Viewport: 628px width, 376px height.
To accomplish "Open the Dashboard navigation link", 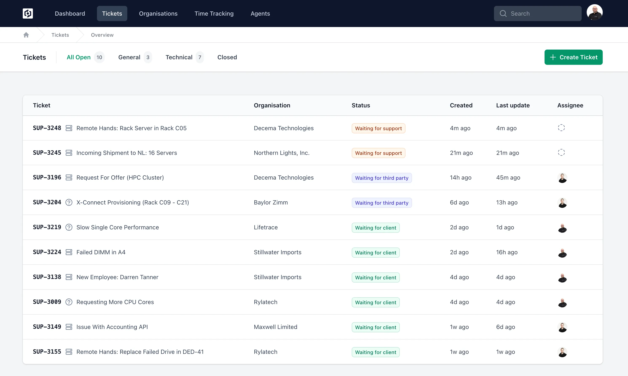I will tap(70, 14).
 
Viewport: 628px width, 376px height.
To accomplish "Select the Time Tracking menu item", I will tap(214, 14).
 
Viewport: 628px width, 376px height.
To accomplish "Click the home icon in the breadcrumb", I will tap(26, 35).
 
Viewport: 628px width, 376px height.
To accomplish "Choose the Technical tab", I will tap(179, 57).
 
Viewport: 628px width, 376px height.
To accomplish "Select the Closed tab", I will tap(227, 57).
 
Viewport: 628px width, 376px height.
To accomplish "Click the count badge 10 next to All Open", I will tap(99, 57).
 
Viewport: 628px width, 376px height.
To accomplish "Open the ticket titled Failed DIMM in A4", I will tap(101, 252).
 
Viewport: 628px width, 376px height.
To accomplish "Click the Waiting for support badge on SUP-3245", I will tap(378, 153).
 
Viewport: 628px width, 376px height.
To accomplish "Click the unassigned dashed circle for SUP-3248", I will tap(561, 128).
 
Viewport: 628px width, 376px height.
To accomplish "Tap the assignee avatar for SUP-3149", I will tap(562, 327).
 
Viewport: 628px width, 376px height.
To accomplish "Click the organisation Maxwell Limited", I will tap(275, 327).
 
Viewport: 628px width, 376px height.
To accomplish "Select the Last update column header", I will tap(513, 105).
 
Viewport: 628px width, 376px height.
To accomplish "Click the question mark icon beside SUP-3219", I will tap(69, 227).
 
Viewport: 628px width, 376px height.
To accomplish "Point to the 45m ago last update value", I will tap(508, 178).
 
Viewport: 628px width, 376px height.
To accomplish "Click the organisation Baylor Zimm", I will tap(271, 202).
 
